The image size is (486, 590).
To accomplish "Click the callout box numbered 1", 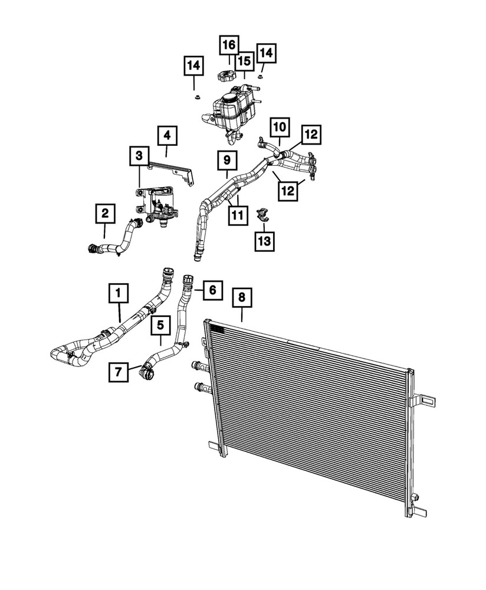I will (118, 291).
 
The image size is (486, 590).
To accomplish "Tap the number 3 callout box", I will (139, 156).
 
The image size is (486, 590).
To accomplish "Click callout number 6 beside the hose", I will (213, 289).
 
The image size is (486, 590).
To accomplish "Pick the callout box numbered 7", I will (119, 371).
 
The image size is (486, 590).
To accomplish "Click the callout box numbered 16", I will (229, 44).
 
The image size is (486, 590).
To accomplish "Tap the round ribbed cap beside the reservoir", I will (226, 76).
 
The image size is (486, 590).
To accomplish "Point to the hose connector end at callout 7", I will (145, 373).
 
